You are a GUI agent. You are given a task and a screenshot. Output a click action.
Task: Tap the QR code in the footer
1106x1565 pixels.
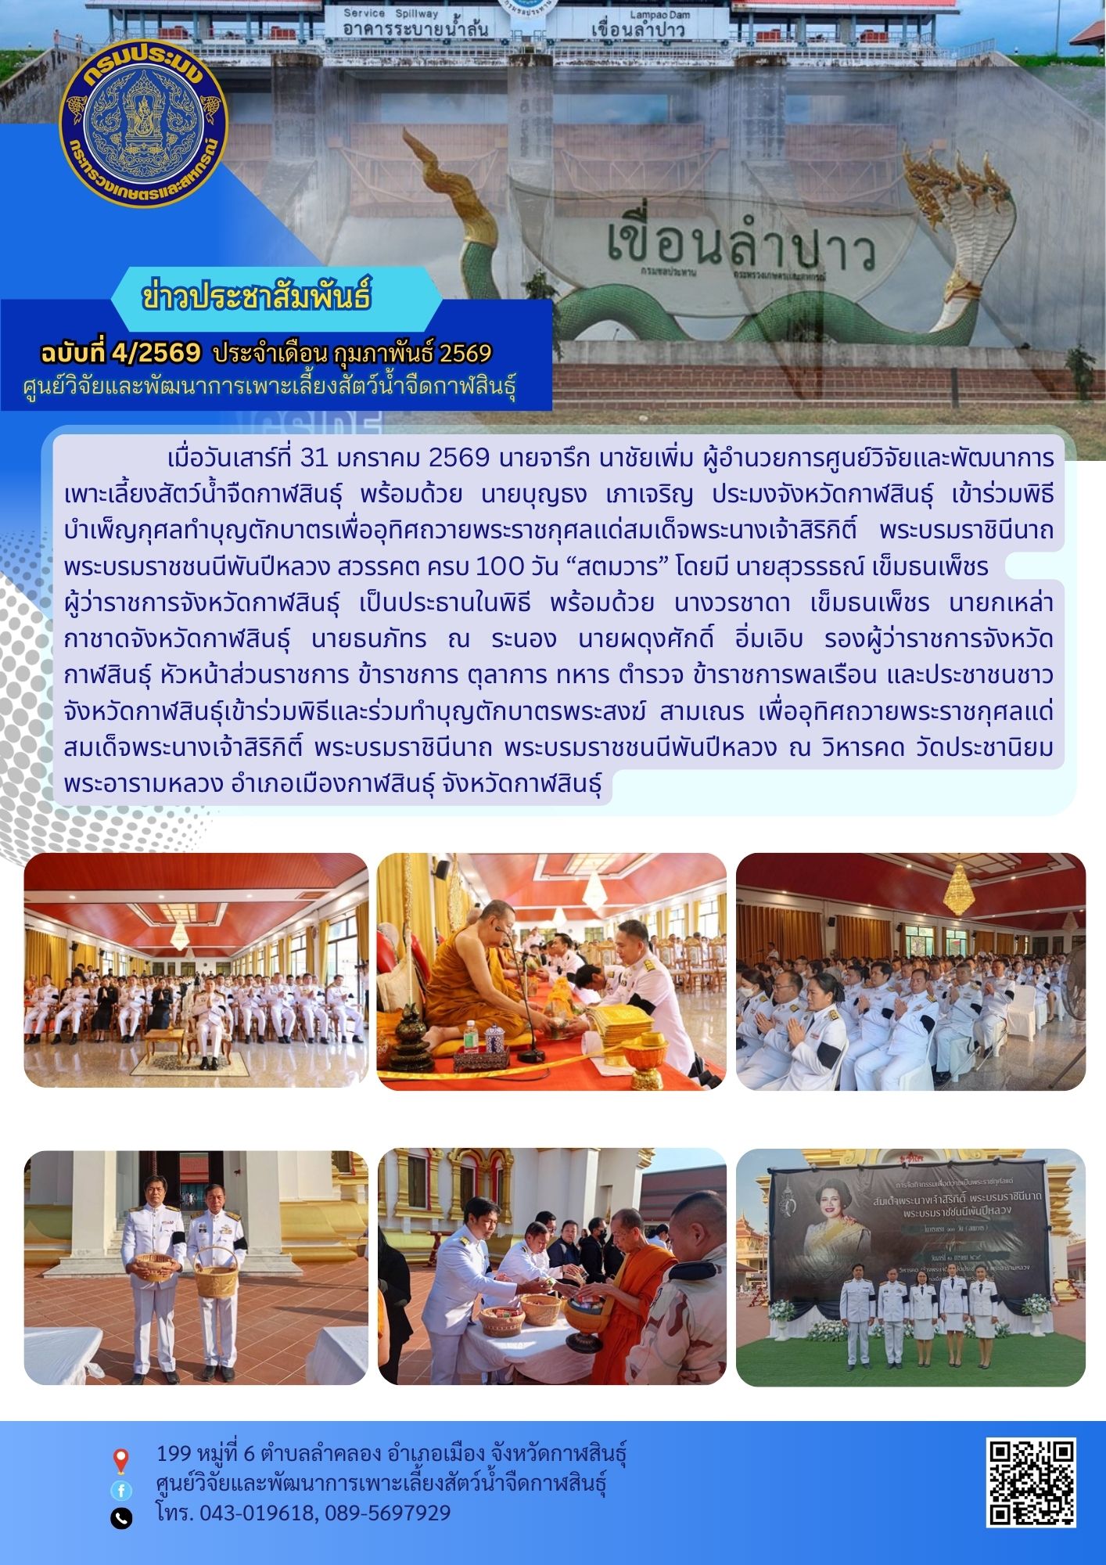[x=1032, y=1482]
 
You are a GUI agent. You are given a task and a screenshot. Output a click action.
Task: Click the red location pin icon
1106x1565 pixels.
[x=120, y=1460]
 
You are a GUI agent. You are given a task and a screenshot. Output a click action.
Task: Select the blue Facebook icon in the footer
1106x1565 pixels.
[x=121, y=1490]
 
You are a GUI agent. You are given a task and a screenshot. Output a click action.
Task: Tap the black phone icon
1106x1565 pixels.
[x=121, y=1519]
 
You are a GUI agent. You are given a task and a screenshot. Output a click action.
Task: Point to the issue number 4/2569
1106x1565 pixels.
[x=156, y=354]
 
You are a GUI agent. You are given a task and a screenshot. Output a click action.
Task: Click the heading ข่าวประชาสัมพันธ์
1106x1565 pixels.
[x=257, y=298]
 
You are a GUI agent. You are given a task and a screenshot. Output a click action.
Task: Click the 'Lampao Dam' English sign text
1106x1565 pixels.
[x=637, y=15]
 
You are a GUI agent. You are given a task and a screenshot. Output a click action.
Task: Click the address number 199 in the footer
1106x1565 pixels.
[x=174, y=1453]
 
